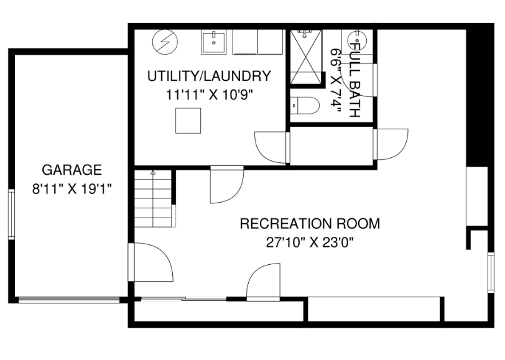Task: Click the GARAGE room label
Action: [72, 170]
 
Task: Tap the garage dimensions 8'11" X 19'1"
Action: [72, 189]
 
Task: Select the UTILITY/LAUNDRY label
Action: [209, 76]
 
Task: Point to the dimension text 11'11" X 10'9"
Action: [209, 95]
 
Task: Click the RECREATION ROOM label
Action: [310, 223]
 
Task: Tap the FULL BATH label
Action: [354, 78]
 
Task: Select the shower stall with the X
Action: [306, 56]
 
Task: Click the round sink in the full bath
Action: [357, 40]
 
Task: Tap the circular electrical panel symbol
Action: [164, 42]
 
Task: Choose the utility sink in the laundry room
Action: [213, 42]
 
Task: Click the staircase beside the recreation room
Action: [153, 199]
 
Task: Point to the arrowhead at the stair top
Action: [153, 173]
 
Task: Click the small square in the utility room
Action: [188, 121]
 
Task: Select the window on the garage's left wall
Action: [12, 214]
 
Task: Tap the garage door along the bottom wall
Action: [69, 300]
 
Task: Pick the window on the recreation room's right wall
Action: [491, 272]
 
